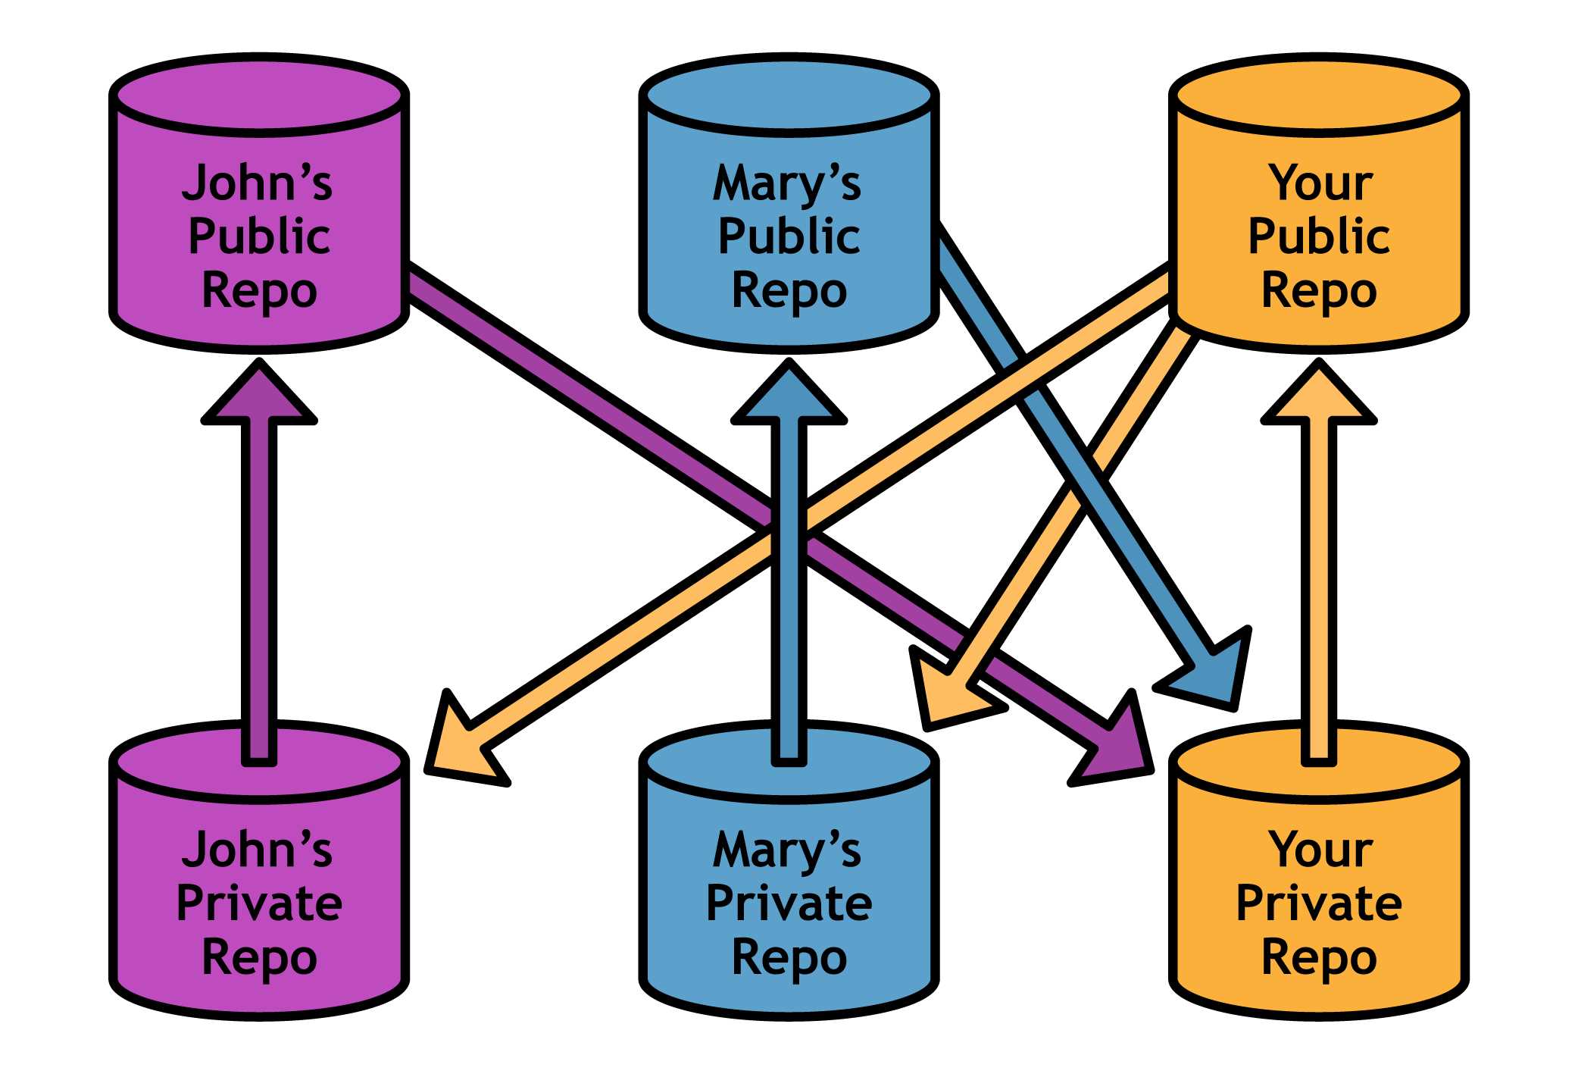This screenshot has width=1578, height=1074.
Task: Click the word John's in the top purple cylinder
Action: point(257,183)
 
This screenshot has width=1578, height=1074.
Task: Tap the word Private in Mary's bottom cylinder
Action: point(789,903)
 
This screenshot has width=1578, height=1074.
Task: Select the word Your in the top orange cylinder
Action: point(1320,183)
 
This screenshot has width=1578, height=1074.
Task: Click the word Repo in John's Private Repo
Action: point(259,958)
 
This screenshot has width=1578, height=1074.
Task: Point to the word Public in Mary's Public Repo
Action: point(789,236)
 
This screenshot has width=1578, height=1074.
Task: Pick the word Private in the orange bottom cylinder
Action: point(1319,903)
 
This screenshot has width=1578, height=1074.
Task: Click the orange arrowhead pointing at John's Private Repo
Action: point(458,747)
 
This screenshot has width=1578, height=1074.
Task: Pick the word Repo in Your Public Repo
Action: point(1319,291)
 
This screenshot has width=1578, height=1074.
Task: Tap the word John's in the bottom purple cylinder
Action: point(257,850)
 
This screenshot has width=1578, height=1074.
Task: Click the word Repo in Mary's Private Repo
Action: point(789,958)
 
